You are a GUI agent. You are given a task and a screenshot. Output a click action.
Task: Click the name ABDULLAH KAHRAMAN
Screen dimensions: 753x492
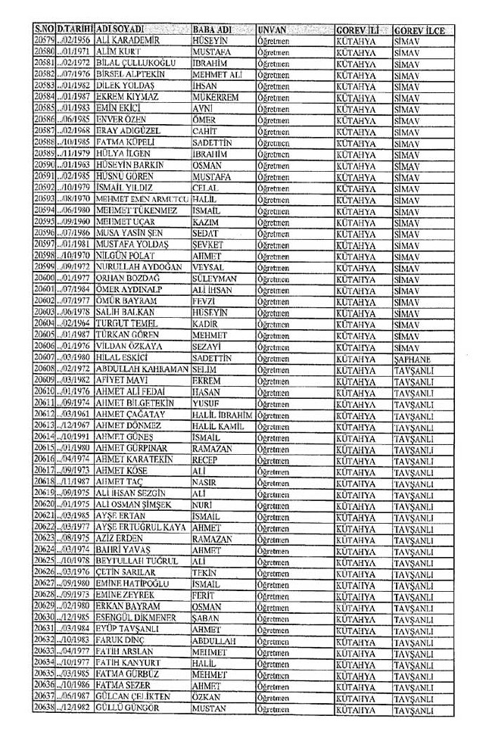point(142,369)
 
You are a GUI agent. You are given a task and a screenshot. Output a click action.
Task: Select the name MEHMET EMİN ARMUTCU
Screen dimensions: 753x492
point(142,198)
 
